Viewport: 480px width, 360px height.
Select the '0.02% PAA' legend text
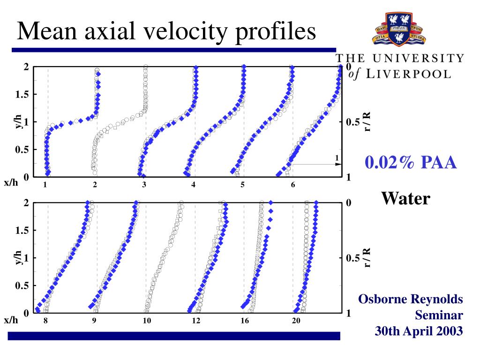coord(411,163)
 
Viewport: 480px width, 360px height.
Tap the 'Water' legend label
coord(405,198)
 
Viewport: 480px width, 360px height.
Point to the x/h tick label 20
coord(296,321)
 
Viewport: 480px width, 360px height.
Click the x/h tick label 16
coord(245,321)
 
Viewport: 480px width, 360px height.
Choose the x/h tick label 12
coord(196,321)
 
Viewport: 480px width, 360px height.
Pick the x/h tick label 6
coord(293,185)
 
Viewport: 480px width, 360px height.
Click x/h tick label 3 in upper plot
coord(144,185)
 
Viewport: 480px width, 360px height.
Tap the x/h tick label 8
coord(45,321)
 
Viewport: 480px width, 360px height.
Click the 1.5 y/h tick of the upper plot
coord(22,95)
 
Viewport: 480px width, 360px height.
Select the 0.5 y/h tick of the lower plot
coord(22,285)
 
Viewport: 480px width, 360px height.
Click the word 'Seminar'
coord(439,315)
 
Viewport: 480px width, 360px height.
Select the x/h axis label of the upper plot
coord(11,183)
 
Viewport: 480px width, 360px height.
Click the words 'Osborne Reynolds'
coord(411,299)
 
